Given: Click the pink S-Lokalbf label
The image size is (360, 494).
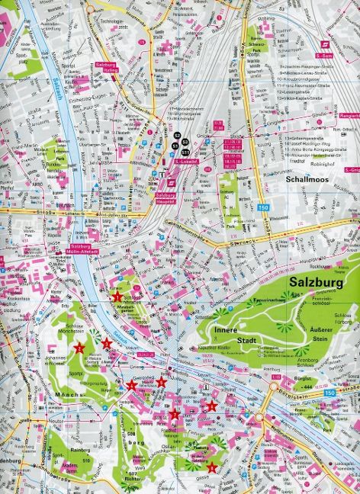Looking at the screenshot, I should (x=187, y=161).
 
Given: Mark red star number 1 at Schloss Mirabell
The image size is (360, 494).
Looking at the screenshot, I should (x=117, y=297).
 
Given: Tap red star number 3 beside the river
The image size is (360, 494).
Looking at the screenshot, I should (x=107, y=345).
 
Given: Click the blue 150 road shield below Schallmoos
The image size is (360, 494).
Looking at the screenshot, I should (x=262, y=207).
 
